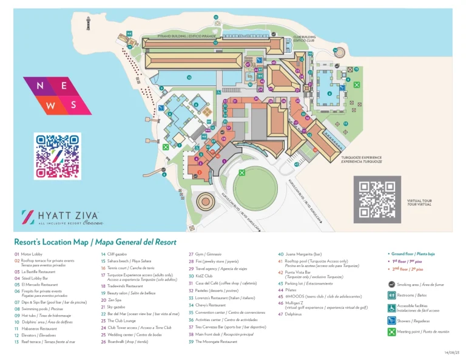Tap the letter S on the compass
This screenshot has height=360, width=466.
tap(73, 104)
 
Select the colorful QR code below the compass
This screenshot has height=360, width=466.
tap(58, 156)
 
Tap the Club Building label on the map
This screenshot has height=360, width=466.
tap(304, 38)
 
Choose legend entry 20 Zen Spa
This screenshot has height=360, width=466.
tap(112, 300)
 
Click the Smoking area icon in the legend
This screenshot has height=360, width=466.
tap(391, 284)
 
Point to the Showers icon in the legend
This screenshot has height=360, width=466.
tap(391, 320)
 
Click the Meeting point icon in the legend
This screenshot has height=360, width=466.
tap(391, 332)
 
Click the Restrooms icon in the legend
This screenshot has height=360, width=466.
tap(391, 296)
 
